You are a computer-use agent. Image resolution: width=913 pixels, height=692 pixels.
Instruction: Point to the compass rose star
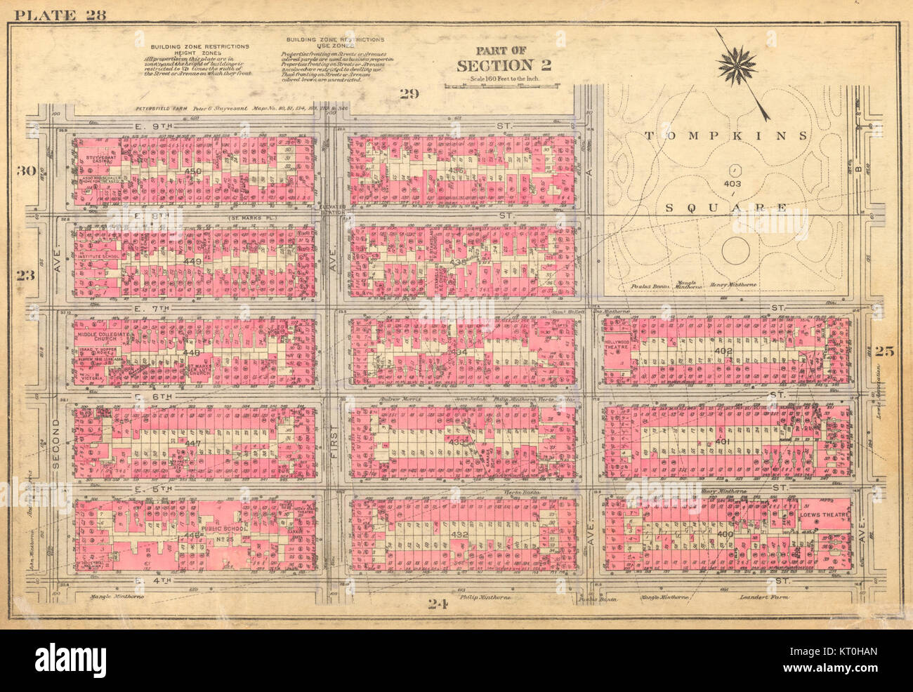[737, 67]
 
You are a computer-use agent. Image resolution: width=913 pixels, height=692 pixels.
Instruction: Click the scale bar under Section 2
[501, 86]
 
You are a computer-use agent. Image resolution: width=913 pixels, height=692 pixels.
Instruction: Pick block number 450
[192, 171]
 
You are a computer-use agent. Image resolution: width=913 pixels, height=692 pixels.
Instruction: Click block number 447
[192, 444]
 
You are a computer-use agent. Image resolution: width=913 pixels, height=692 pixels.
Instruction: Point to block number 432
[460, 534]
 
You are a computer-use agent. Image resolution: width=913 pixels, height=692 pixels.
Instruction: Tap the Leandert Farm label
[764, 597]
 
